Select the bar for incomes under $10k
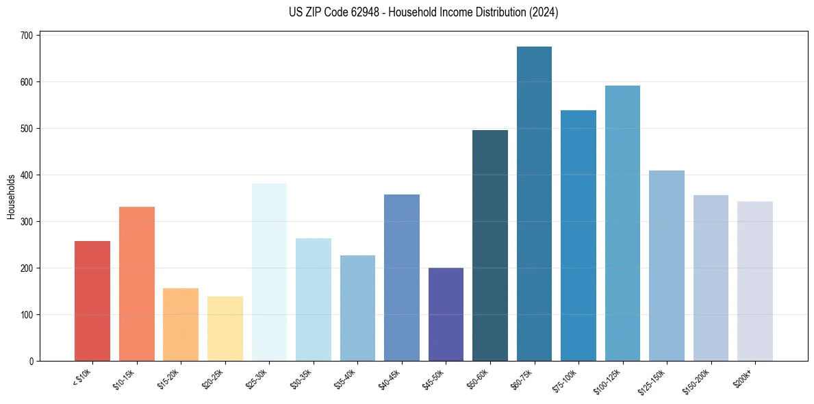[92, 301]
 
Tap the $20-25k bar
[225, 329]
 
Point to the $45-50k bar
[446, 314]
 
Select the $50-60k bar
[490, 246]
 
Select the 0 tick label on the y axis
[32, 362]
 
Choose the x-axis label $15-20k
[168, 379]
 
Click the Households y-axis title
[12, 197]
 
